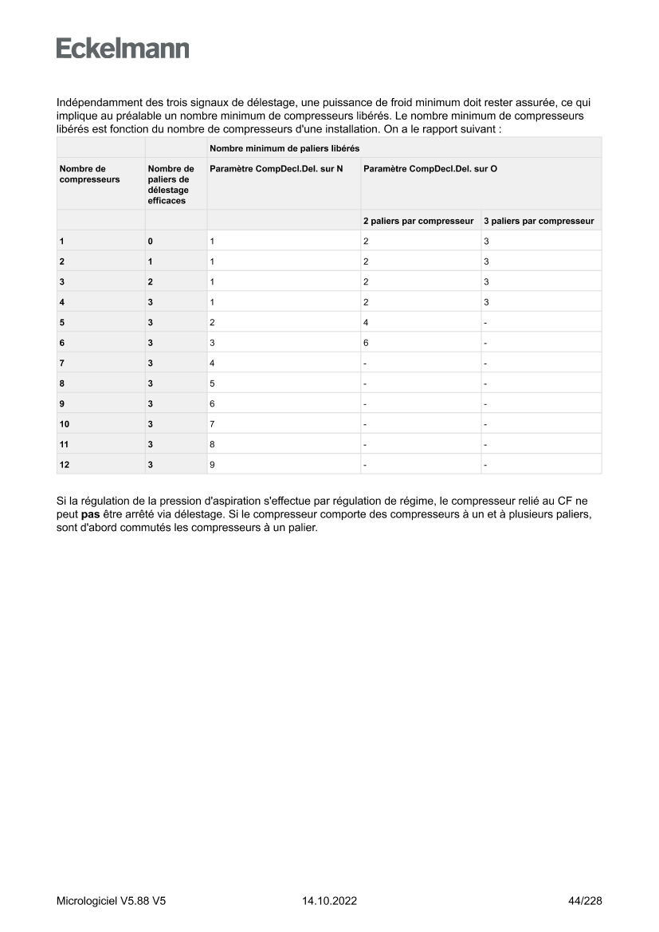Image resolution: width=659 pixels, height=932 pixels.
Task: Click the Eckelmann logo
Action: click(123, 49)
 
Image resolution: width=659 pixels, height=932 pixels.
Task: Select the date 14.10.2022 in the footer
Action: click(329, 901)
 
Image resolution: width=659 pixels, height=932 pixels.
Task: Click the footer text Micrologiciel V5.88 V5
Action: click(111, 901)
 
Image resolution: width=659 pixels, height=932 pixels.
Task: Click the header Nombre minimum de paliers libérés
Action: click(284, 148)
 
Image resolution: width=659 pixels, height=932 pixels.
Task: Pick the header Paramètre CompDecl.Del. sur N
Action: click(276, 169)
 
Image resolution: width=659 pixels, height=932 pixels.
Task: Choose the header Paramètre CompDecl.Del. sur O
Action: click(430, 169)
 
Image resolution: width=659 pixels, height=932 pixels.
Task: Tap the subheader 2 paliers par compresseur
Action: click(418, 221)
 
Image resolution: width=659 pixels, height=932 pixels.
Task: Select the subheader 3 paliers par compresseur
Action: click(539, 221)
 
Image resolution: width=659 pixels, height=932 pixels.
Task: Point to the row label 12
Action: click(64, 464)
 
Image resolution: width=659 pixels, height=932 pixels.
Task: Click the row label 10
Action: click(64, 423)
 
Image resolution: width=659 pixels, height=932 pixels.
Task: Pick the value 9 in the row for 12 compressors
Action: click(212, 464)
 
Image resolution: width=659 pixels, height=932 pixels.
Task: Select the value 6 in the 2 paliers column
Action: click(366, 342)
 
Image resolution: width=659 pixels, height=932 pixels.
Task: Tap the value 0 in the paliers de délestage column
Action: click(150, 241)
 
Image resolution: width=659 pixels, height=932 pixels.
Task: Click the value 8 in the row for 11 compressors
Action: click(212, 444)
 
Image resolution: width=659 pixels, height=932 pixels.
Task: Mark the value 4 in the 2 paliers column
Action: click(366, 322)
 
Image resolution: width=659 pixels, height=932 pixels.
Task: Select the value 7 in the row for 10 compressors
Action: click(212, 423)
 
